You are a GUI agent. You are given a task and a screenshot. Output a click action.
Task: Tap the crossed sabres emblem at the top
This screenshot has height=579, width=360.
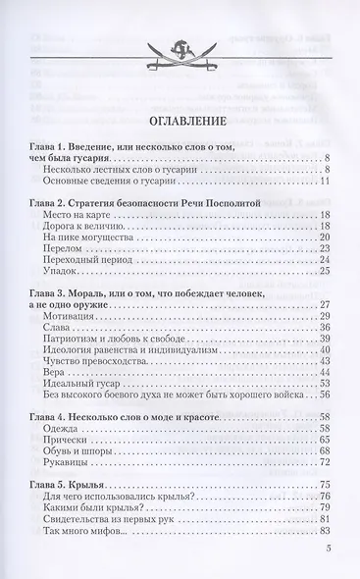click(180, 71)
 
